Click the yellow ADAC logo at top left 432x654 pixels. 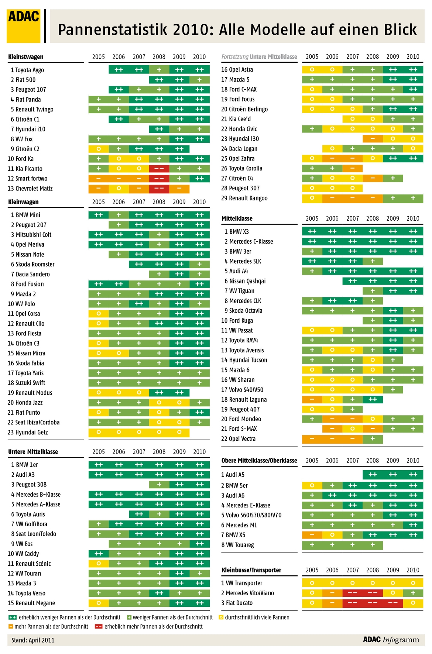[23, 26]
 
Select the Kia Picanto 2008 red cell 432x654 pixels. [159, 169]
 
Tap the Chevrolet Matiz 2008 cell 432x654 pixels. [159, 188]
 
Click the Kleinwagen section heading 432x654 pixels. [23, 202]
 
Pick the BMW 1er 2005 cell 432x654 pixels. [99, 465]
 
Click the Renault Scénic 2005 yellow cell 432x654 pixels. [99, 564]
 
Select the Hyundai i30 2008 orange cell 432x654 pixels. [373, 139]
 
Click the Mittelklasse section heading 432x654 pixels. [237, 218]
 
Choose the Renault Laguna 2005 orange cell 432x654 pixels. [312, 399]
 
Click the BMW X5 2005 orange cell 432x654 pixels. [312, 535]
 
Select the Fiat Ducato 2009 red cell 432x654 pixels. [393, 603]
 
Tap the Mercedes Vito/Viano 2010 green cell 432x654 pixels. [413, 593]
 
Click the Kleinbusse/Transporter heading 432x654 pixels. [251, 570]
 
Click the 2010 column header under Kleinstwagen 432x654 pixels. [199, 57]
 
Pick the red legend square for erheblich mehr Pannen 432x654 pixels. [99, 626]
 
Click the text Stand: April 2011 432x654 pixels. [33, 640]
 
